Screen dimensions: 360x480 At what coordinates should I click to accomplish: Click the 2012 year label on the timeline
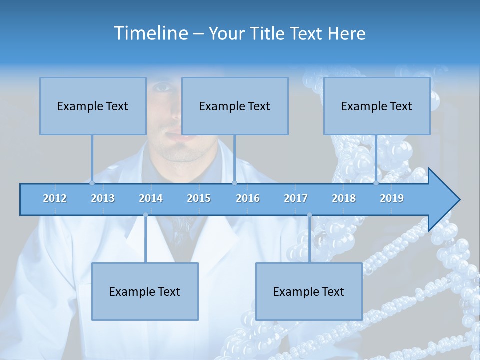click(x=55, y=198)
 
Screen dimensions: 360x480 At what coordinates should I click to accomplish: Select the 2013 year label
click(x=103, y=198)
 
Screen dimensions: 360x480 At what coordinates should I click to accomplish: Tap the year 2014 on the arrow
click(x=151, y=198)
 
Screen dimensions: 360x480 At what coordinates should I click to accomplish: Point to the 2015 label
click(x=199, y=198)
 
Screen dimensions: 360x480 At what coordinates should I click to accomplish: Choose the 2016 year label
click(x=248, y=198)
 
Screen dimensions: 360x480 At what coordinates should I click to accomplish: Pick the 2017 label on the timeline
click(x=296, y=198)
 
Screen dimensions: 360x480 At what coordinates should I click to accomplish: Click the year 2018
click(x=344, y=198)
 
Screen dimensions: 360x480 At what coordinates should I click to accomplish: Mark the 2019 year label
click(x=392, y=198)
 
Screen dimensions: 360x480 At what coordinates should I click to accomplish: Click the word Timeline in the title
click(x=150, y=33)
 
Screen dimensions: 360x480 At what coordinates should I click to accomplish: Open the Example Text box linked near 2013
click(x=93, y=106)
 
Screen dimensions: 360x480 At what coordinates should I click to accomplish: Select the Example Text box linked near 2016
click(x=235, y=106)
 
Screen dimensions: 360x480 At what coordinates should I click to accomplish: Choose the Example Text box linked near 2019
click(x=377, y=106)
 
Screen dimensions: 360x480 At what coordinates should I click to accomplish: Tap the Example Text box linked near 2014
click(x=145, y=291)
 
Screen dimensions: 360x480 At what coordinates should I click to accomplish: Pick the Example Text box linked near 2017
click(x=309, y=291)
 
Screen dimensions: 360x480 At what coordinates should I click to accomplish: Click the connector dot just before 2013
click(x=92, y=183)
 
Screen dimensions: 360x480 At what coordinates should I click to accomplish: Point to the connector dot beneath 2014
click(x=145, y=215)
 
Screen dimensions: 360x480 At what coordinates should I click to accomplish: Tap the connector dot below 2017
click(x=309, y=215)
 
